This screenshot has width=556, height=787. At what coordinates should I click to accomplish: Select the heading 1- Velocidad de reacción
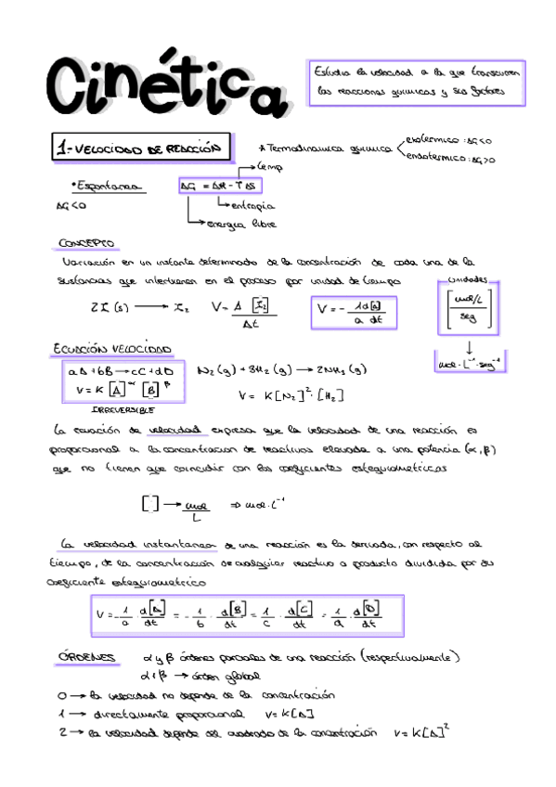pos(142,148)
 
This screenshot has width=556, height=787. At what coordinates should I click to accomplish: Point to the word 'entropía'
pos(251,205)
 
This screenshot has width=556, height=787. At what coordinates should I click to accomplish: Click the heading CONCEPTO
pos(86,243)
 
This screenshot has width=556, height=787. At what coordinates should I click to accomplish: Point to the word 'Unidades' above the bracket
pos(472,279)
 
